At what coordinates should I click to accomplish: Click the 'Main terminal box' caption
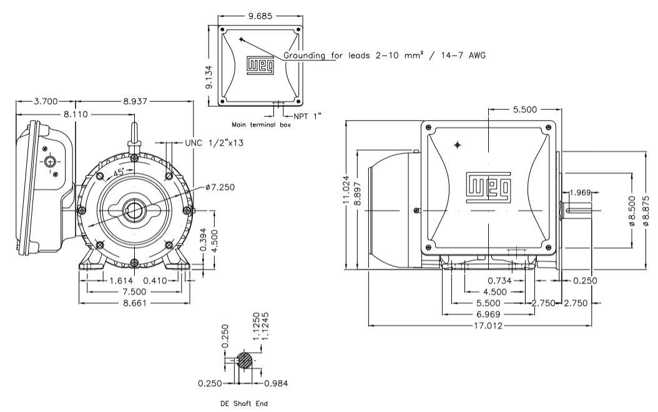click(x=261, y=124)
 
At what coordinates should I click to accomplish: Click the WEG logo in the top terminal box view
click(x=259, y=66)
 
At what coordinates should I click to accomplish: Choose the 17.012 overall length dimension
click(x=479, y=325)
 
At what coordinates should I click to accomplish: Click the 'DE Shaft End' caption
click(x=244, y=404)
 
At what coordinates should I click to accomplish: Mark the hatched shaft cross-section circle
click(x=245, y=360)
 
